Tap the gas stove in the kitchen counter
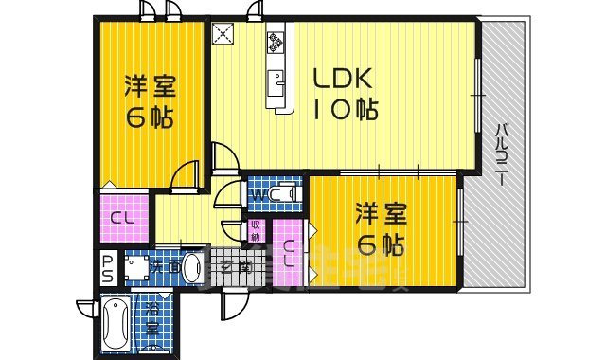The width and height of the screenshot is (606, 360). tap(276, 41)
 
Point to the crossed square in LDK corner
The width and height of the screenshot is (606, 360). tap(223, 34)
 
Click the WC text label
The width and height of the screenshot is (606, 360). tap(257, 196)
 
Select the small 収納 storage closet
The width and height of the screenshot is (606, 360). tap(256, 230)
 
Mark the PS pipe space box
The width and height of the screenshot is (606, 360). tap(108, 268)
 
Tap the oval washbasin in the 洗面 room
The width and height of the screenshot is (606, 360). tap(191, 267)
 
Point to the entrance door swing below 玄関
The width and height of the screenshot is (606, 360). tap(231, 305)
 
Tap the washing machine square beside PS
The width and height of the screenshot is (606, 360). tap(137, 269)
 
